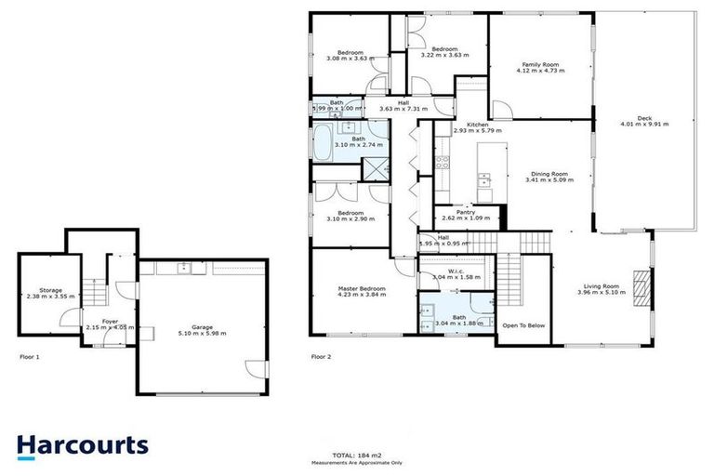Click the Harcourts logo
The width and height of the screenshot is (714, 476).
[x=83, y=445]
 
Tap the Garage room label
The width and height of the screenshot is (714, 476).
[x=203, y=325]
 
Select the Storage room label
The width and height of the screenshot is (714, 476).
[x=45, y=290]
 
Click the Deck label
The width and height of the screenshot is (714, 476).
[x=644, y=116]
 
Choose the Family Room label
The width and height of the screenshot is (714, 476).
[x=540, y=63]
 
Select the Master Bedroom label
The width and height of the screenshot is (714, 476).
[x=362, y=289]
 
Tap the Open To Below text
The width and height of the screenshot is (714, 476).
[x=523, y=326]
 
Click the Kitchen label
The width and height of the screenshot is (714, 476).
[x=478, y=125]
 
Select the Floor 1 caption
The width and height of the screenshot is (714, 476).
[x=31, y=356]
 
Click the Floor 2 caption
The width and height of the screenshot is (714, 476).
[x=321, y=356]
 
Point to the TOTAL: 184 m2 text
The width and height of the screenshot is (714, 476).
[x=357, y=455]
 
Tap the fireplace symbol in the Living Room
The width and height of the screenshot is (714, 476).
[x=639, y=281]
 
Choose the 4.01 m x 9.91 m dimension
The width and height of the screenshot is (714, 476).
[x=644, y=124]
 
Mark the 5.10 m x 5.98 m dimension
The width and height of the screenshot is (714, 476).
[x=203, y=333]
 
